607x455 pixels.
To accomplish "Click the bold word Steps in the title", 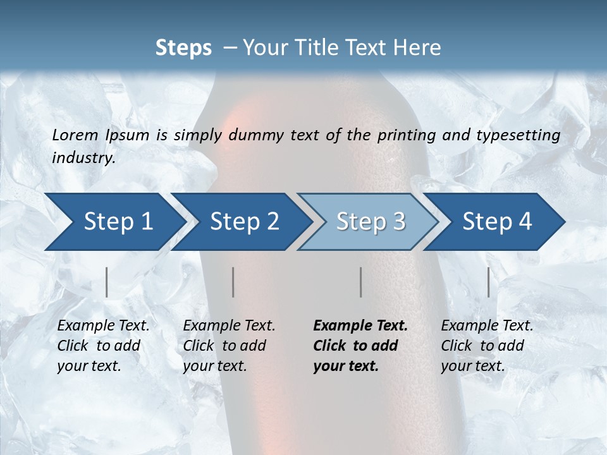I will click(x=183, y=48).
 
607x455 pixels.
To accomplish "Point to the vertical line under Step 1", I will click(x=107, y=282).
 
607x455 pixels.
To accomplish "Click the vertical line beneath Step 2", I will click(x=233, y=282).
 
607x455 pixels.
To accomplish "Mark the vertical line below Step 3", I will click(x=361, y=282).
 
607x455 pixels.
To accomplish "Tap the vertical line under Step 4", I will click(x=489, y=282).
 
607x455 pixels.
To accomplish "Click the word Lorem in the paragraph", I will click(x=75, y=135).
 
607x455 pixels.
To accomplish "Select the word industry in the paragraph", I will click(x=83, y=158).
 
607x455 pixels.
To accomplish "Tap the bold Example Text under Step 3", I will click(x=360, y=326).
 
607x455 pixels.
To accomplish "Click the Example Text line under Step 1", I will click(x=103, y=326).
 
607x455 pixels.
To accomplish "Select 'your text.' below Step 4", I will click(x=472, y=366).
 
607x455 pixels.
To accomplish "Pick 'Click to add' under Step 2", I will click(x=224, y=346).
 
